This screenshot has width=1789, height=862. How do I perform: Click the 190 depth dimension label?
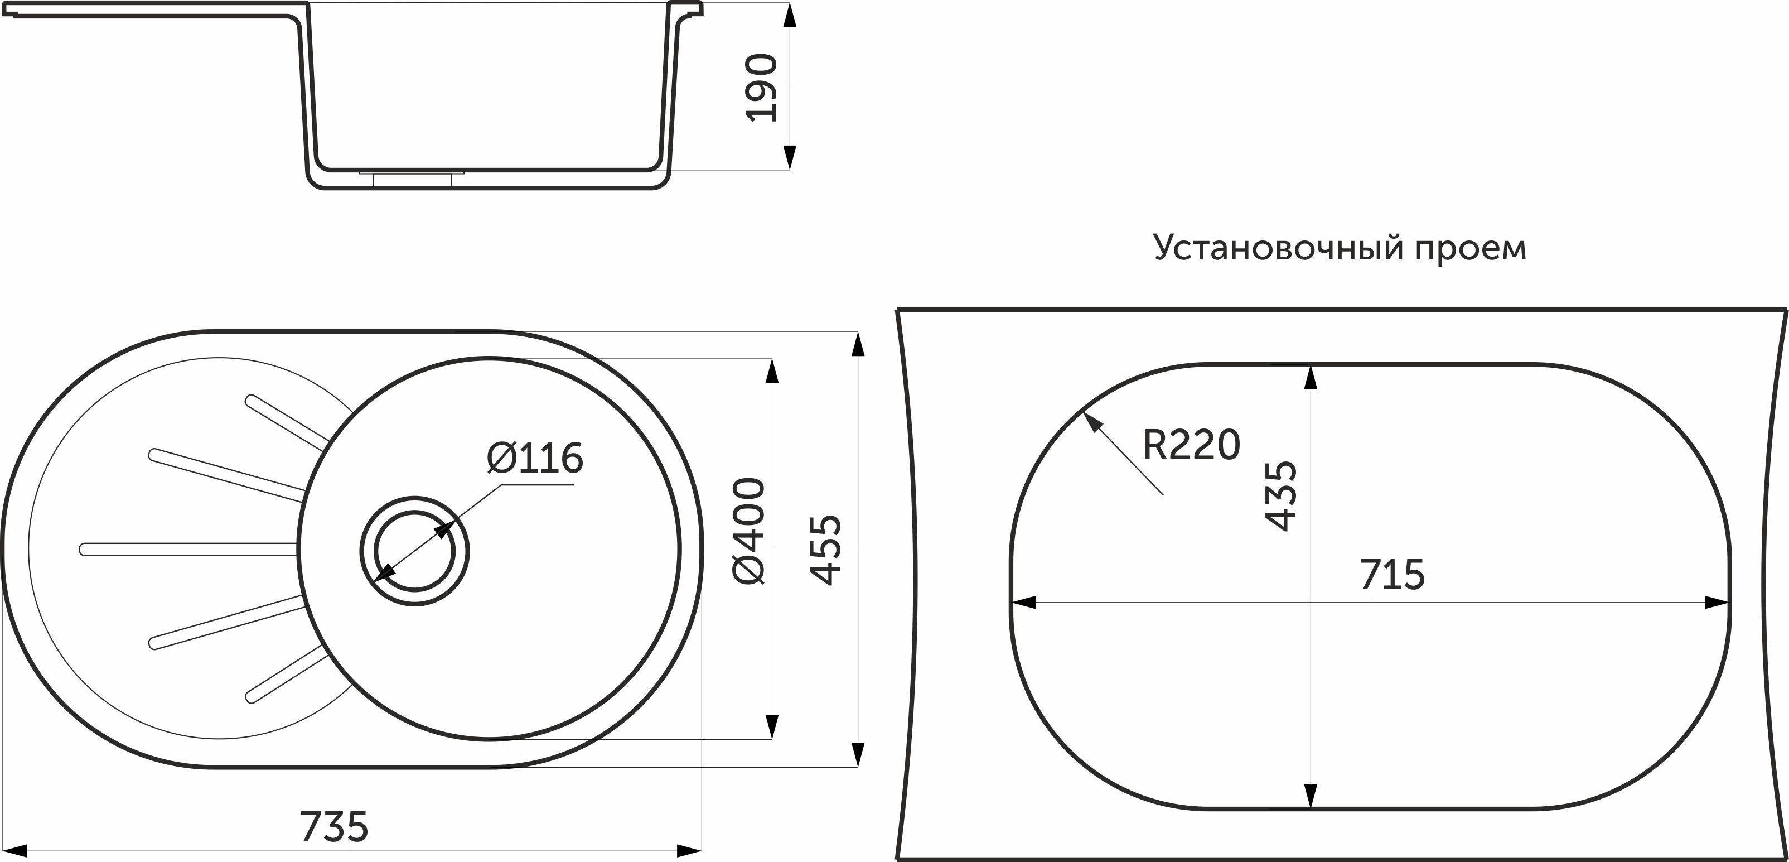[761, 88]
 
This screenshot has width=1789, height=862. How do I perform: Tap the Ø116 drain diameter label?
[535, 459]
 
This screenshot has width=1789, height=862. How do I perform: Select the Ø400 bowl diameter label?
[748, 531]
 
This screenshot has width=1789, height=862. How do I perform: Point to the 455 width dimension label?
[826, 550]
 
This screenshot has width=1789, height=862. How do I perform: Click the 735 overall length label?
[334, 827]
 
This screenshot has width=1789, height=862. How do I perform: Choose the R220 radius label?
[1191, 445]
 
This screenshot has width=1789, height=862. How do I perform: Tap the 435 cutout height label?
[1280, 496]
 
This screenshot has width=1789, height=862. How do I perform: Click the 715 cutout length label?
[1392, 575]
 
